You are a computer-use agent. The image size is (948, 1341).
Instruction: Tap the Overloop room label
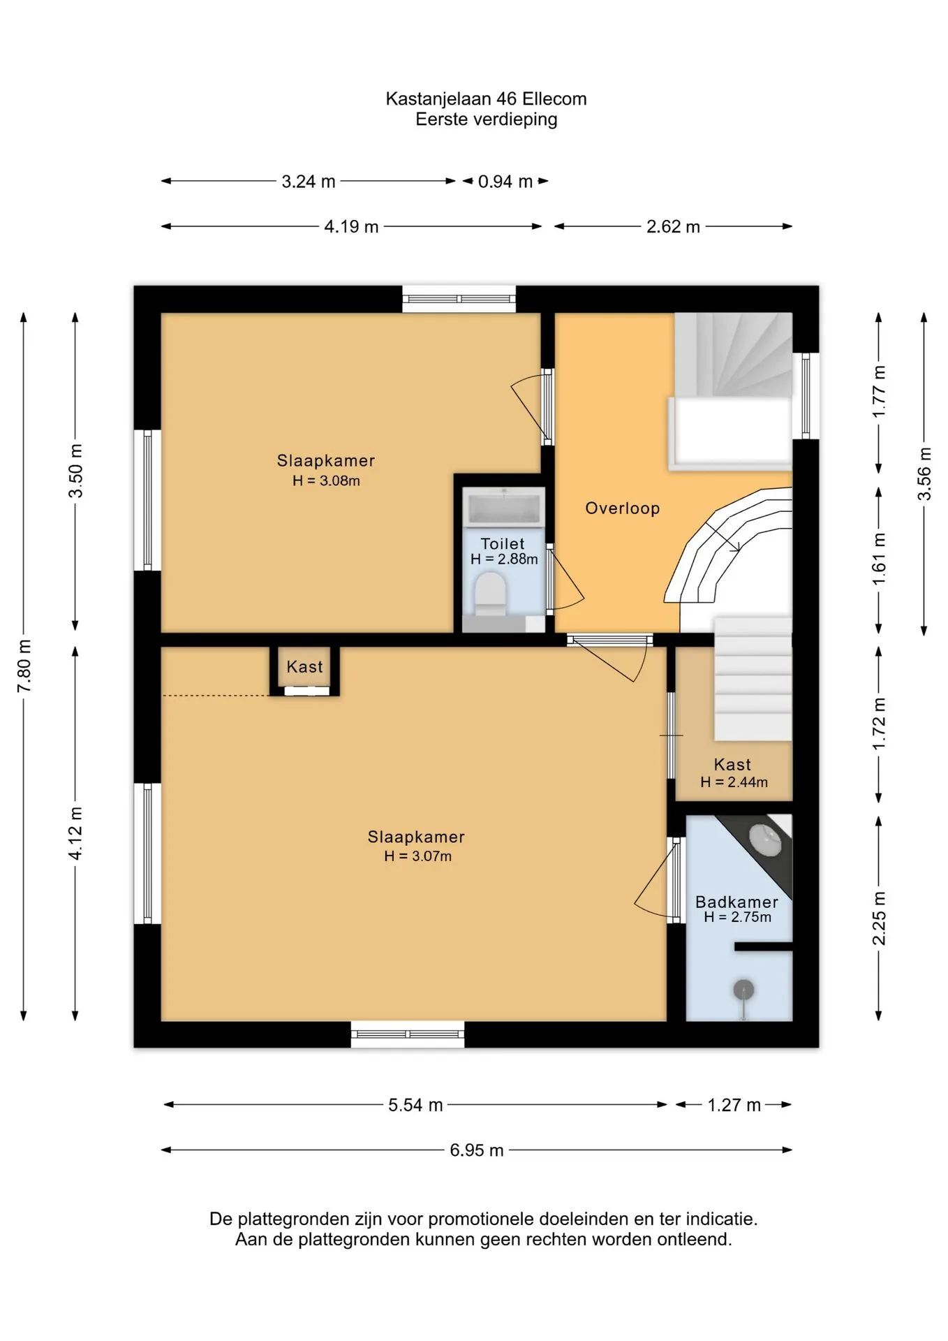pyautogui.click(x=622, y=508)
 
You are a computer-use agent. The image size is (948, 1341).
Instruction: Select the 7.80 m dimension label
pyautogui.click(x=24, y=666)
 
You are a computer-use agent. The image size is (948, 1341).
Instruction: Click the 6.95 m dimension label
pyautogui.click(x=477, y=1150)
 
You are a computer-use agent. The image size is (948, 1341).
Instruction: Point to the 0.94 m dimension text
pyautogui.click(x=505, y=182)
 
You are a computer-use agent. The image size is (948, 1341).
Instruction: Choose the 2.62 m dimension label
pyautogui.click(x=673, y=226)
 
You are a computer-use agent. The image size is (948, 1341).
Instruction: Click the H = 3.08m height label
pyautogui.click(x=326, y=481)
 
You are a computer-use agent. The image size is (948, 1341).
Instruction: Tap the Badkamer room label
pyautogui.click(x=736, y=902)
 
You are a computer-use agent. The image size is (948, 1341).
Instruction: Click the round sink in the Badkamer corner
pyautogui.click(x=766, y=839)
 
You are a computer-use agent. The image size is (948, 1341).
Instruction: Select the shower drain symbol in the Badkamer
pyautogui.click(x=743, y=990)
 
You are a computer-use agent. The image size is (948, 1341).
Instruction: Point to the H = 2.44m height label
pyautogui.click(x=734, y=782)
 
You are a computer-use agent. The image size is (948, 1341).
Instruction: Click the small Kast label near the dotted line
pyautogui.click(x=304, y=667)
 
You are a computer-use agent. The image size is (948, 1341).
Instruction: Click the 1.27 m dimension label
pyautogui.click(x=734, y=1105)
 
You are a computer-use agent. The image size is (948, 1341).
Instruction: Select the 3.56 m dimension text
pyautogui.click(x=924, y=474)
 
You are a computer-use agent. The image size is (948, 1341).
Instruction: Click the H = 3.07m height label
pyautogui.click(x=417, y=856)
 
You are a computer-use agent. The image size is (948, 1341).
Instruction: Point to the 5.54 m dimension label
pyautogui.click(x=415, y=1105)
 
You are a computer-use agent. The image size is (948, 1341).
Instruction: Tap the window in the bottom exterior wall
pyautogui.click(x=408, y=1034)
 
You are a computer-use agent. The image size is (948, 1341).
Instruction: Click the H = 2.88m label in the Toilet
pyautogui.click(x=504, y=559)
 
